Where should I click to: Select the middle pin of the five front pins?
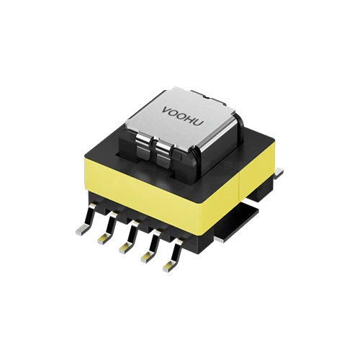(125, 244)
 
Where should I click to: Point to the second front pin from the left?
(103, 237)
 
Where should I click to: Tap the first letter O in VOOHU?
(174, 112)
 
